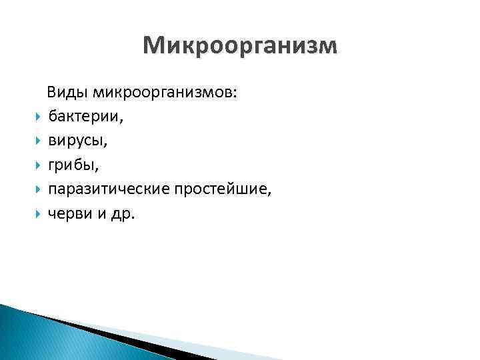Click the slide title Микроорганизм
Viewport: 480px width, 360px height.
(240, 45)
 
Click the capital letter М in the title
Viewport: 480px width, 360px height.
(153, 45)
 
